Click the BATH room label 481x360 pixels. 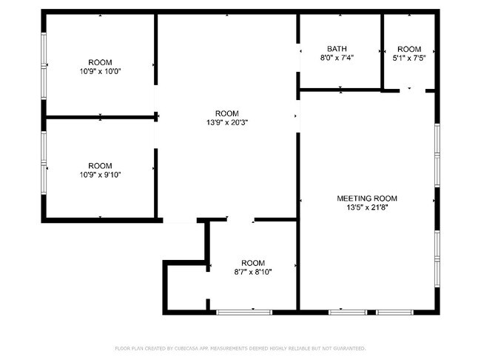pos(337,49)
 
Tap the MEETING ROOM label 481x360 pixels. pos(367,199)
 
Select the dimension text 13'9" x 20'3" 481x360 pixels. pos(227,122)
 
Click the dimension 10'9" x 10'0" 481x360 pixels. pos(101,71)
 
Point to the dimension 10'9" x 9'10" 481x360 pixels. pos(101,175)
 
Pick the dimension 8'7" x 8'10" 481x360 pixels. pos(253,272)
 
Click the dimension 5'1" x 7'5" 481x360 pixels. pos(409,58)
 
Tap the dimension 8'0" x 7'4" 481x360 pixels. pos(337,58)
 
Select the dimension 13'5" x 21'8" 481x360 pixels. pos(367,207)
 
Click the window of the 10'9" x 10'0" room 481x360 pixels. pos(44,66)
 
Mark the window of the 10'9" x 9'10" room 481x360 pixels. pos(44,163)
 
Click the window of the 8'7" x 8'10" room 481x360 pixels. pos(244,313)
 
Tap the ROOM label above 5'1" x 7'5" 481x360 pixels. pos(409,49)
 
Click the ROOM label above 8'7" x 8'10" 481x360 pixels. pos(253,263)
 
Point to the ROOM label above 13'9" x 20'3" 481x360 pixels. pos(227,113)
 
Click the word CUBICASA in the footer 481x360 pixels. pos(186,348)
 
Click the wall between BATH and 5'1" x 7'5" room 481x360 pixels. pos(383,52)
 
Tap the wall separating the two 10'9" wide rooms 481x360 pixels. pos(101,117)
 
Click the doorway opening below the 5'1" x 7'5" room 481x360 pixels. pos(412,90)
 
